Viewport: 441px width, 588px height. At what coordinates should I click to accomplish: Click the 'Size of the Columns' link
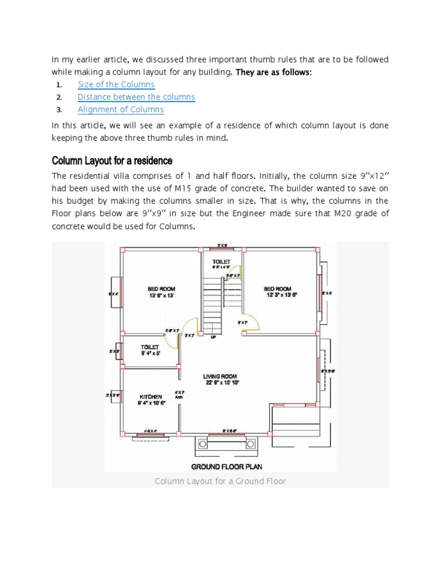click(x=116, y=84)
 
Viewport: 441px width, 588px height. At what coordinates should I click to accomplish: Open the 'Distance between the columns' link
click(x=136, y=97)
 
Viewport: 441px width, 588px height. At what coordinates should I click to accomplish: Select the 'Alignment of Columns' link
click(x=121, y=109)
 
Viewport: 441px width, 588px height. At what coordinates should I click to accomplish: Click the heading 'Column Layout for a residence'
click(x=112, y=160)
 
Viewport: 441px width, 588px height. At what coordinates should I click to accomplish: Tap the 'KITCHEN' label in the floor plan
click(x=150, y=397)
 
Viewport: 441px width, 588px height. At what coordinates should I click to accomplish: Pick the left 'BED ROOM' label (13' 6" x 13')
click(x=161, y=289)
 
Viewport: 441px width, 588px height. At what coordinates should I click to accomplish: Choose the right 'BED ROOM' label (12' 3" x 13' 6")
click(x=277, y=289)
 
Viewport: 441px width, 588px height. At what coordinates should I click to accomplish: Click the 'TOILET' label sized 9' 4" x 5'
click(x=150, y=347)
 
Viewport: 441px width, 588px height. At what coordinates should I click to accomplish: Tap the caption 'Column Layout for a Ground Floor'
click(x=220, y=481)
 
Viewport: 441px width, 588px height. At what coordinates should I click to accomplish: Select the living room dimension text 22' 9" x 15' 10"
click(x=223, y=382)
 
